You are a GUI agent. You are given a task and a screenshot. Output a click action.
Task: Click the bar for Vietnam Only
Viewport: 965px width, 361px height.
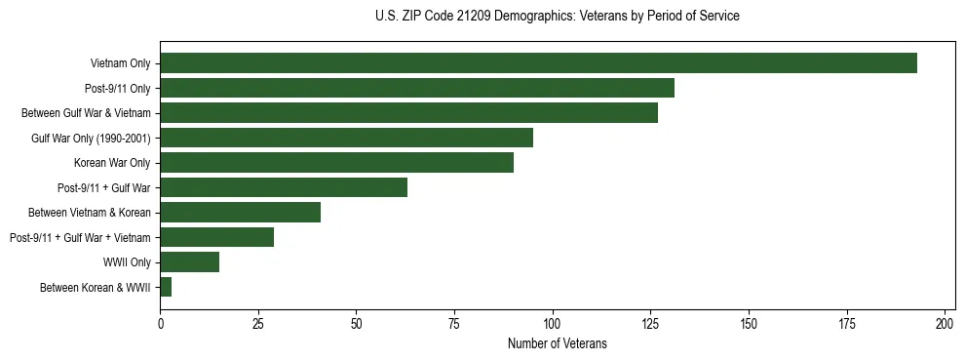[538, 63]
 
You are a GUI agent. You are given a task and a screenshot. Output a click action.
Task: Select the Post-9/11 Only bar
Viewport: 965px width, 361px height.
[417, 88]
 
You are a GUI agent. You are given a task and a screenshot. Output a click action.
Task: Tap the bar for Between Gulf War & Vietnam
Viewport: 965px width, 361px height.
[408, 113]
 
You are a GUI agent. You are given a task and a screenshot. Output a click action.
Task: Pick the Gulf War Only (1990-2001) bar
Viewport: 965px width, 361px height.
[346, 138]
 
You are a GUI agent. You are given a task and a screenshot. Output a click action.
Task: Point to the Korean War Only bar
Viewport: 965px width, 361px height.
[336, 163]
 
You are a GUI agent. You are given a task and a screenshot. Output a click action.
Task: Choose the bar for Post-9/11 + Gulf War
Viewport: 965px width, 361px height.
[284, 187]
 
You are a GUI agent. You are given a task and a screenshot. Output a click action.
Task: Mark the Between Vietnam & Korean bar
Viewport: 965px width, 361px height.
[240, 212]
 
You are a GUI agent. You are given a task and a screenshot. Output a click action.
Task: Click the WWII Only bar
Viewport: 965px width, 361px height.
[189, 261]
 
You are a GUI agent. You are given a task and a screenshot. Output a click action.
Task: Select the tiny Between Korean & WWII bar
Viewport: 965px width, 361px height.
[166, 287]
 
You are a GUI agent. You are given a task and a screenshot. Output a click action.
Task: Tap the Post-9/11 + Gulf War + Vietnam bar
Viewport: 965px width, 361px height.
[216, 237]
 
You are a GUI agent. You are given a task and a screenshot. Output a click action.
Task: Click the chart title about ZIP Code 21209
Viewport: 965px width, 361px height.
[557, 17]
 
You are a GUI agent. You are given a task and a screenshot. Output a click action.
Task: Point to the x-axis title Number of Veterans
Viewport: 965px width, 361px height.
[557, 343]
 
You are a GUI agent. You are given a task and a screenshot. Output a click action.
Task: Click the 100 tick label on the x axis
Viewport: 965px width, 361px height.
[553, 323]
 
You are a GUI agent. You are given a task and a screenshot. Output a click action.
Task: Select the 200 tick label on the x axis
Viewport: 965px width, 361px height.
[945, 323]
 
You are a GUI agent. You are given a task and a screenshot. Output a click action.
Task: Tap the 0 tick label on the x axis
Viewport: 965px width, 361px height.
[160, 323]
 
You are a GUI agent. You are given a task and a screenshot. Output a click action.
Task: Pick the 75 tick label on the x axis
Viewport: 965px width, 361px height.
[454, 323]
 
